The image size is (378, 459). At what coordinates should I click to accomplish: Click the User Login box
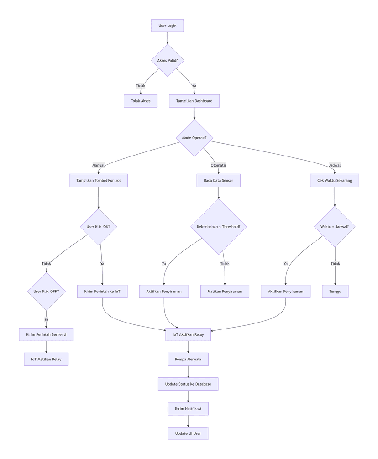tap(168, 26)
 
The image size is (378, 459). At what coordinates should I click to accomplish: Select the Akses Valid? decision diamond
tap(168, 60)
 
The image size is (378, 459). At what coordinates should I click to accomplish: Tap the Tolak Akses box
tap(141, 101)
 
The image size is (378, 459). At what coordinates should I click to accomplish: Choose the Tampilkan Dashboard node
tap(194, 101)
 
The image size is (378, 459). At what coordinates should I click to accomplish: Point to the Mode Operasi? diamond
tap(194, 138)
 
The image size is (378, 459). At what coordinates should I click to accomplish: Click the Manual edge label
tap(98, 165)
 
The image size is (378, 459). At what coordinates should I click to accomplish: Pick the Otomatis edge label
tap(218, 165)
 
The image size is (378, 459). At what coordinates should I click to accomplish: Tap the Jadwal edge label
tap(335, 165)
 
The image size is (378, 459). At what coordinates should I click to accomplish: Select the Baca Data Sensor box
tap(218, 180)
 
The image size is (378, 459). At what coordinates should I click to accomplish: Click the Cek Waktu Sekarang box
tap(335, 180)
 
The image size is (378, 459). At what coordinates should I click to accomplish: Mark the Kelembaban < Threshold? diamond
tap(218, 226)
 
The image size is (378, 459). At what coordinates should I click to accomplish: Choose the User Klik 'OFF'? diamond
tap(46, 291)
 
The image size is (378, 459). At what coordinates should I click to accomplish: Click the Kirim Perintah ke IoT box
tap(102, 291)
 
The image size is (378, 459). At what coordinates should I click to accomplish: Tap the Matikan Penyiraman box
tap(225, 291)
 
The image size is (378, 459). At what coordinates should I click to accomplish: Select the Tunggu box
tap(335, 291)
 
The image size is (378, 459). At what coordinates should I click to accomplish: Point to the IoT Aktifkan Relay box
tap(188, 334)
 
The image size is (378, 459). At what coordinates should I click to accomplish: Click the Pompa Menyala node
tap(188, 359)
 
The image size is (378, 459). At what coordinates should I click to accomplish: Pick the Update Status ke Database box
tap(188, 384)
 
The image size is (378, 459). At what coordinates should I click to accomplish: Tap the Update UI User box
tap(188, 433)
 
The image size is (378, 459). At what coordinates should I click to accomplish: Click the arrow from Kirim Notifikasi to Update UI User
tap(188, 421)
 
